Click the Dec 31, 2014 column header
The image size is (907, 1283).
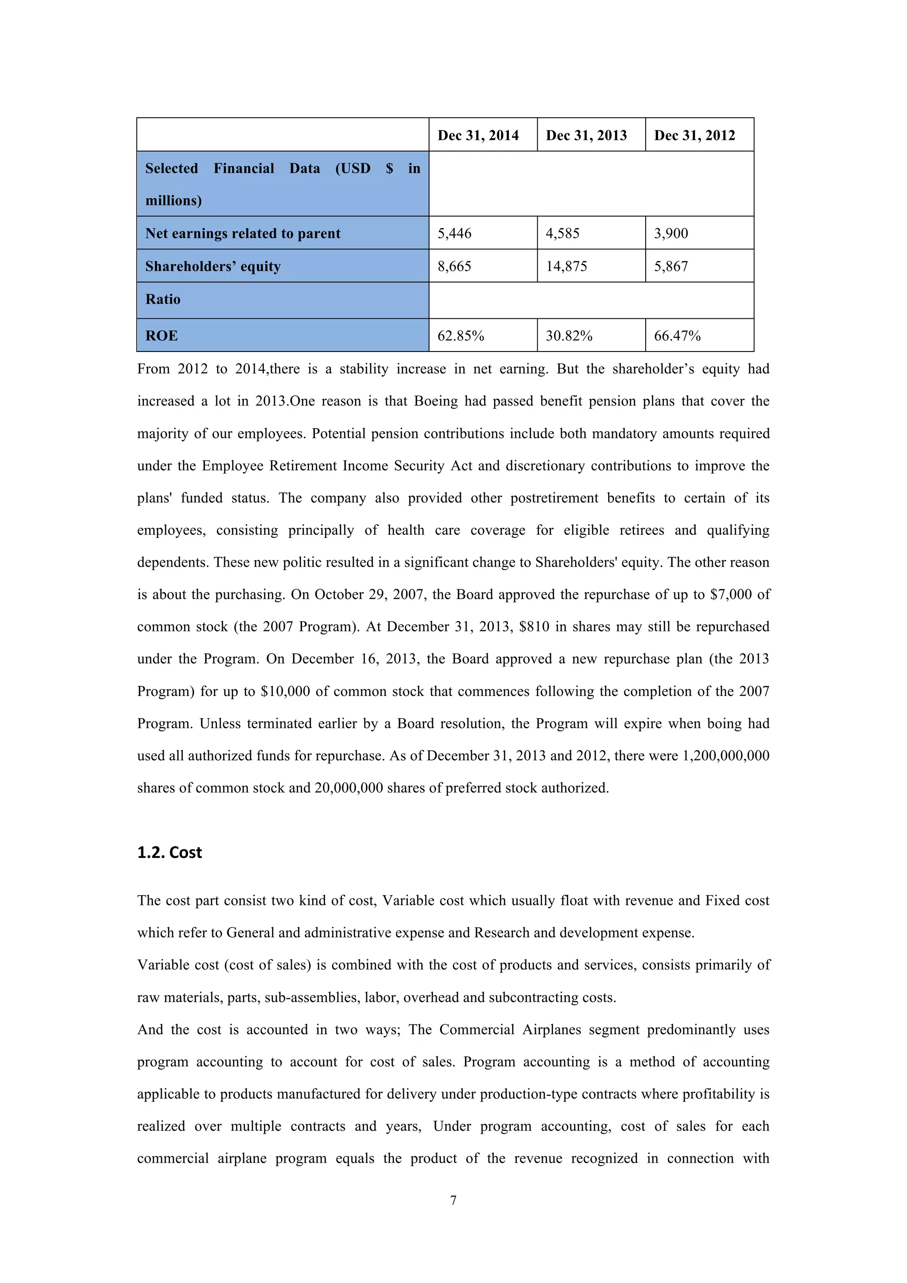pyautogui.click(x=478, y=135)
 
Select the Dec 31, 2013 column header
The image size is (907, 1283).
pyautogui.click(x=586, y=135)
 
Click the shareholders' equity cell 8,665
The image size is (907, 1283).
pyautogui.click(x=454, y=266)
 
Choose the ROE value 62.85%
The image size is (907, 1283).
pyautogui.click(x=461, y=336)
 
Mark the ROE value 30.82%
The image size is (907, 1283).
pyautogui.click(x=569, y=336)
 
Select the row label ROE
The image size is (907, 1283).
pyautogui.click(x=162, y=336)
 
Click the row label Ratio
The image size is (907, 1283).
pyautogui.click(x=163, y=300)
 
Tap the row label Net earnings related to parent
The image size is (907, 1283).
pyautogui.click(x=243, y=234)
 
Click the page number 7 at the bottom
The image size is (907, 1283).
pyautogui.click(x=453, y=1200)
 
